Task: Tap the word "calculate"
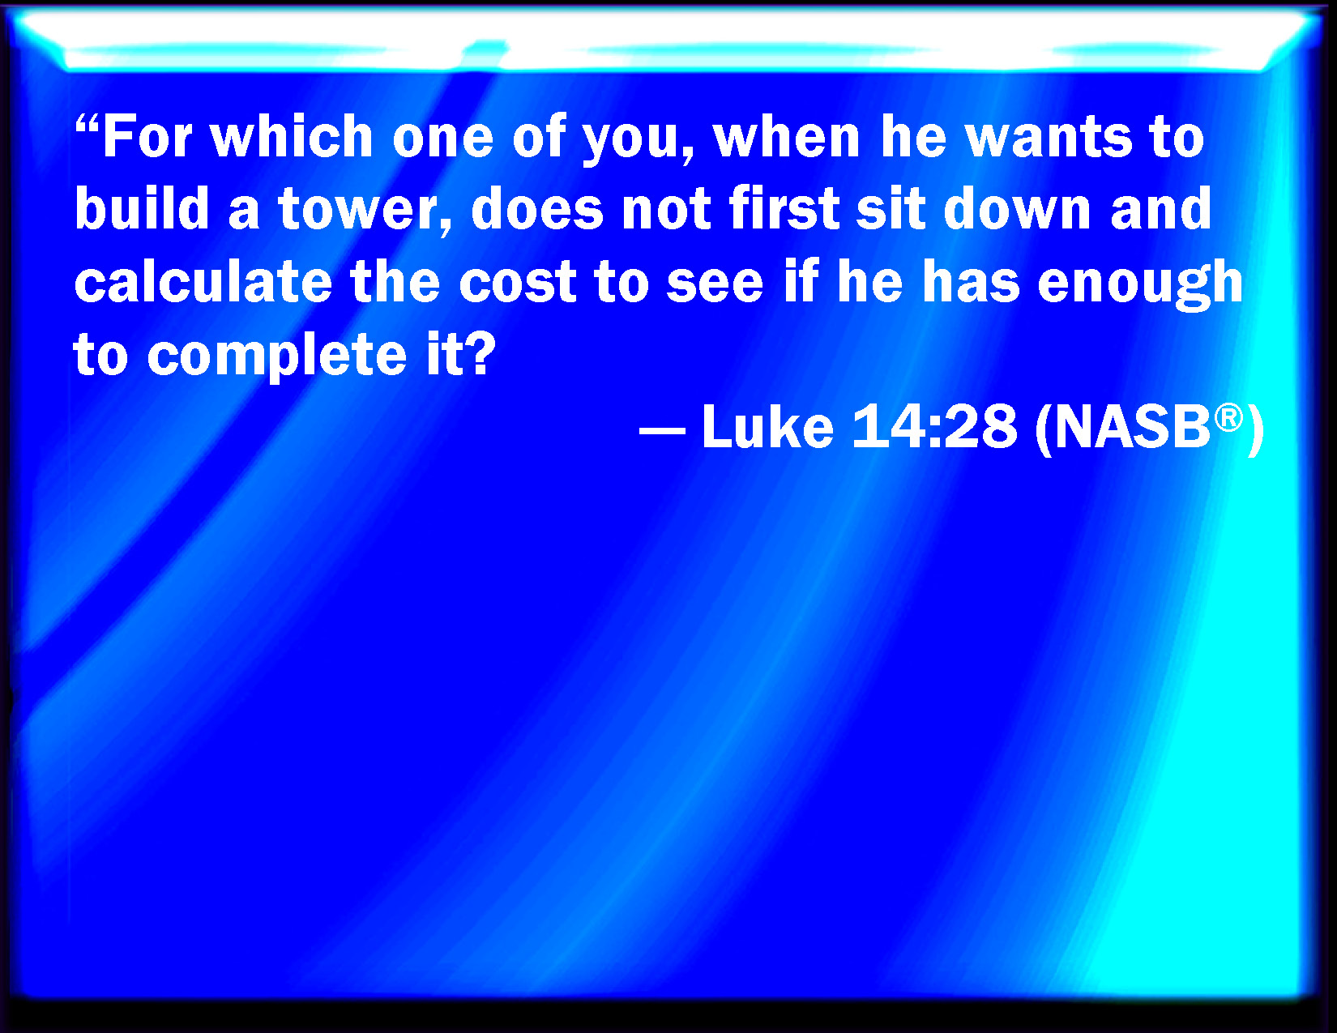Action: tap(203, 281)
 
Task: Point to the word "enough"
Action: tap(1140, 285)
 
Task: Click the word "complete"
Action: tap(277, 356)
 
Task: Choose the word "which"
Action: tap(293, 136)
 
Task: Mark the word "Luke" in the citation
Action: tap(768, 425)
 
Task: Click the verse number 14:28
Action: tap(934, 426)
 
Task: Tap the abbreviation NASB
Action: tap(1131, 426)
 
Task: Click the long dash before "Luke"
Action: tap(663, 430)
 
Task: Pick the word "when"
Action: tap(786, 136)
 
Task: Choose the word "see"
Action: tap(715, 284)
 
